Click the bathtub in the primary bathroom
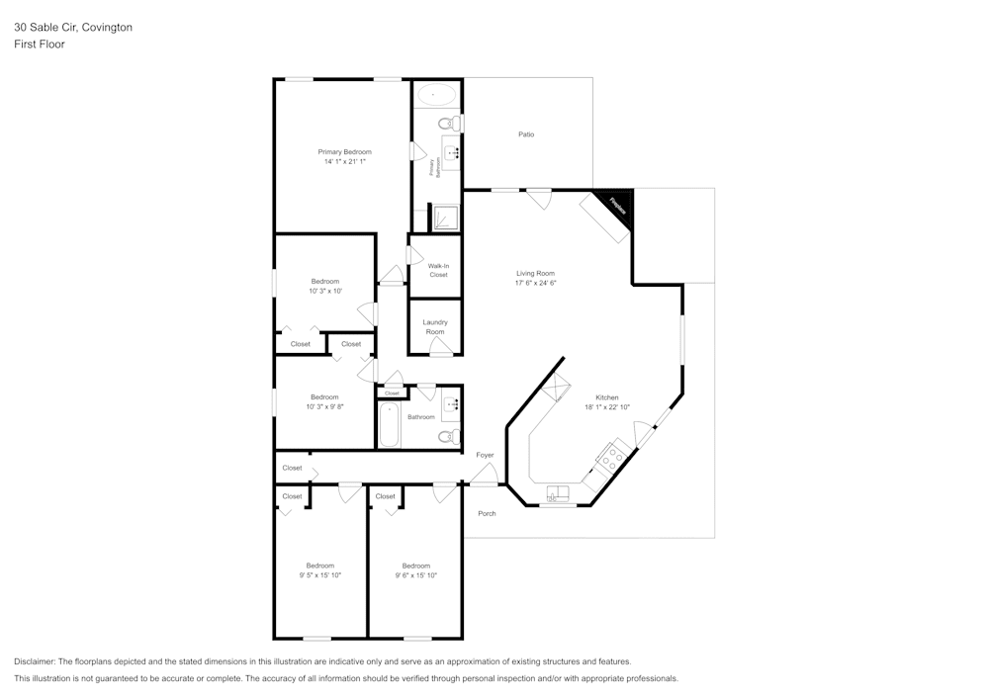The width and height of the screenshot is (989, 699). (x=435, y=95)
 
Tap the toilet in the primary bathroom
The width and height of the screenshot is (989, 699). (x=448, y=124)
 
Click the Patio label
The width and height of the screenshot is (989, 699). (x=526, y=134)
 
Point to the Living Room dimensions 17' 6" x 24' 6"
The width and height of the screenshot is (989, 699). (x=535, y=283)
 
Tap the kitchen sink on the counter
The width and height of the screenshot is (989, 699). (x=558, y=494)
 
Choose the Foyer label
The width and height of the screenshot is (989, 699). (x=485, y=455)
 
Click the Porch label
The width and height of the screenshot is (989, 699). (x=487, y=513)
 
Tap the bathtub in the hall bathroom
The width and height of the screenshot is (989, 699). (x=390, y=425)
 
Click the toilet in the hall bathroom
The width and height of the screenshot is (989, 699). (x=448, y=436)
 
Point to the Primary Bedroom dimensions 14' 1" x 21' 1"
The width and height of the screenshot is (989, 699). (x=344, y=161)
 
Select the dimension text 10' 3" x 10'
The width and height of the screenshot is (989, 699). (x=325, y=291)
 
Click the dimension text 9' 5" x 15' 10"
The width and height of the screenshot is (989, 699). (x=319, y=574)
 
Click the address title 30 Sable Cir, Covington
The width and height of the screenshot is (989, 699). (x=73, y=28)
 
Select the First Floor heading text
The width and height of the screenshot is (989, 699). (x=40, y=44)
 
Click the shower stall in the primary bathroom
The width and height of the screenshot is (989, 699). (x=444, y=217)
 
